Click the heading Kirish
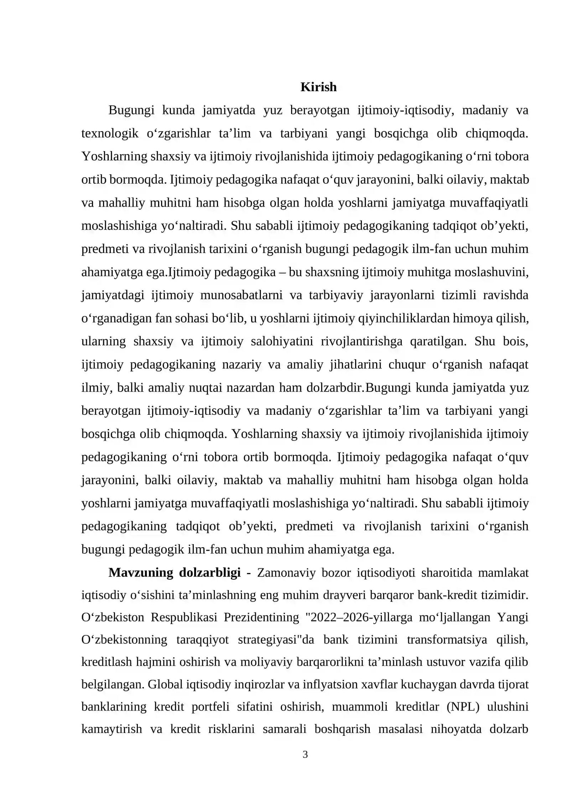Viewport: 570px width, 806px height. point(318,87)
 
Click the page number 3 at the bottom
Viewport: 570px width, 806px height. point(305,755)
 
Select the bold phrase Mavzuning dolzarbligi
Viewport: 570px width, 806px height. point(175,573)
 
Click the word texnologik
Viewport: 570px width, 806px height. point(110,133)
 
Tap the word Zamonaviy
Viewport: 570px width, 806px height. point(286,573)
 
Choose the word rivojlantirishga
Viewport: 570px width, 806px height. point(362,341)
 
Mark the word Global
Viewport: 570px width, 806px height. point(164,684)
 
